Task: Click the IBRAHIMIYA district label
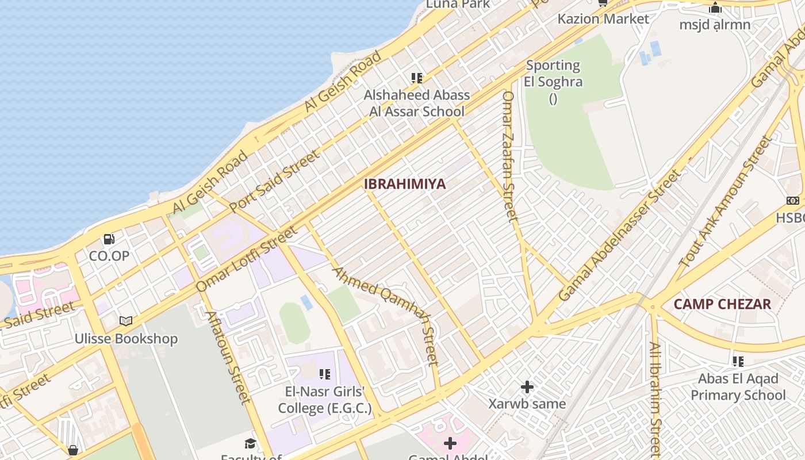click(x=405, y=184)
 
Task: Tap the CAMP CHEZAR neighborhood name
click(x=722, y=304)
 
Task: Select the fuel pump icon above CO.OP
click(x=109, y=239)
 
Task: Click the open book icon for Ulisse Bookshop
click(x=126, y=321)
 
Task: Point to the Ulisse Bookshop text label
click(x=126, y=339)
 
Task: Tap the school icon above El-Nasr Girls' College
click(x=325, y=374)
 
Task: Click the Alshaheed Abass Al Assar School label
click(x=417, y=103)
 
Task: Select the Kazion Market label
click(x=603, y=19)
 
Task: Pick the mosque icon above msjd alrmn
click(x=715, y=8)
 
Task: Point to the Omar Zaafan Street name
click(x=510, y=156)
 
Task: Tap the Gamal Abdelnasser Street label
click(x=619, y=235)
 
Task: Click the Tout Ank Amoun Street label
click(x=725, y=201)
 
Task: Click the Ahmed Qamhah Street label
click(x=386, y=316)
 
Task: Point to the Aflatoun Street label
click(x=228, y=356)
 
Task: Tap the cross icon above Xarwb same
click(x=527, y=387)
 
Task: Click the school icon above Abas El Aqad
click(x=738, y=362)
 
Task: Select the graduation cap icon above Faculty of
click(x=250, y=443)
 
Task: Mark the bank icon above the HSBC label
click(x=793, y=201)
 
